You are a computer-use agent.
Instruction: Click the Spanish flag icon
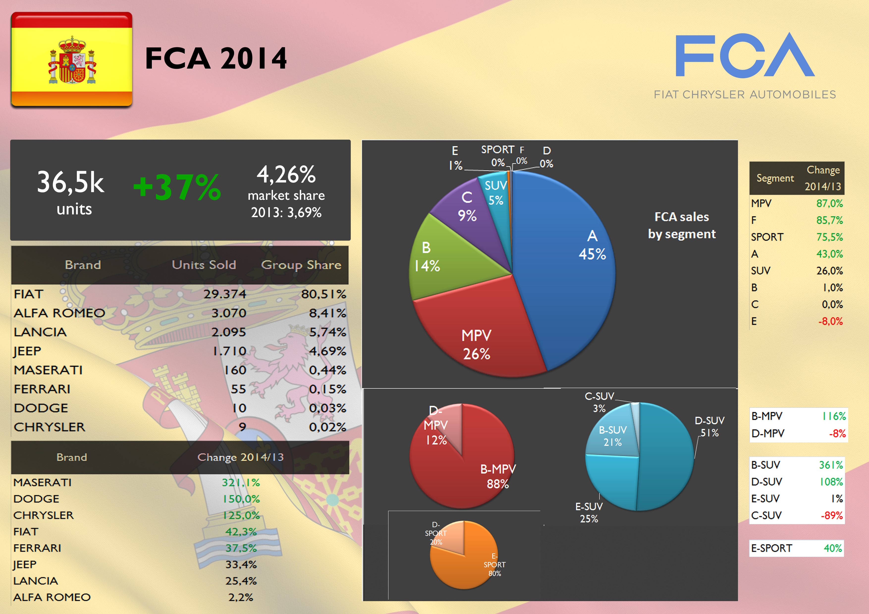(x=72, y=59)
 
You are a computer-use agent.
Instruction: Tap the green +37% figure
(x=177, y=187)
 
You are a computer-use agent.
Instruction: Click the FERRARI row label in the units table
(x=42, y=389)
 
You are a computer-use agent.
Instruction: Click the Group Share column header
(x=301, y=265)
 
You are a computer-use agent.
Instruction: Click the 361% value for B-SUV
(x=831, y=465)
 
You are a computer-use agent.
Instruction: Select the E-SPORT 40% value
(x=833, y=548)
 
